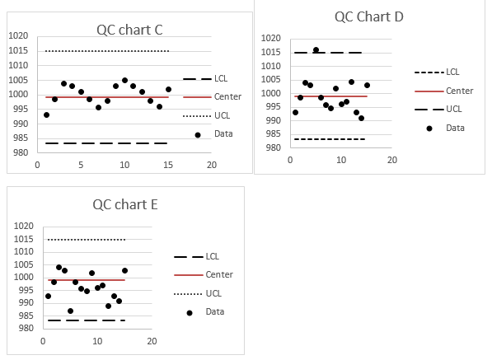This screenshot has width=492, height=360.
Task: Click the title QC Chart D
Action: (368, 16)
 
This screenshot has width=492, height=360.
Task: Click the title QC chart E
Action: (124, 205)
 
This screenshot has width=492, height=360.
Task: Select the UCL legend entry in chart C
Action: (223, 115)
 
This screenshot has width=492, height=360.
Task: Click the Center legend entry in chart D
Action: (459, 91)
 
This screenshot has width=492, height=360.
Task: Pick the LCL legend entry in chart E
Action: (213, 256)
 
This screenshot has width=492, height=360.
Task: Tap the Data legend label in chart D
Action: (455, 128)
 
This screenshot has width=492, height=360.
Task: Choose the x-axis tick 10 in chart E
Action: (97, 341)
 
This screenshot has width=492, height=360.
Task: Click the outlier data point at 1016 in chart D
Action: (316, 49)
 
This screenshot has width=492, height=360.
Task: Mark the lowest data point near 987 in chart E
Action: (70, 311)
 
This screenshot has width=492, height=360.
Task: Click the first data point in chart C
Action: (46, 115)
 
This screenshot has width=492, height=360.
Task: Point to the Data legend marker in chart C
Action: (197, 134)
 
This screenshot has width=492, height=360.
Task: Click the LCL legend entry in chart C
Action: (221, 78)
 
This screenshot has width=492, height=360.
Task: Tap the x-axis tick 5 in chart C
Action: (80, 165)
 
